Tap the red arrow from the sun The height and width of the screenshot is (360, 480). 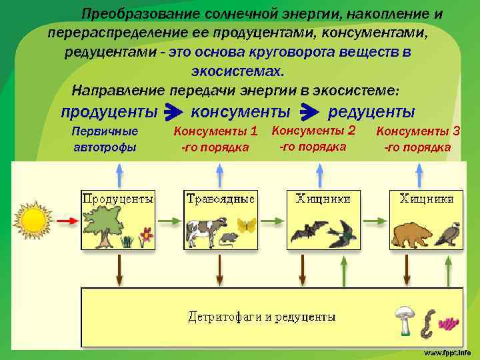coord(66,221)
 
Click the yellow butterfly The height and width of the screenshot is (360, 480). coord(247,225)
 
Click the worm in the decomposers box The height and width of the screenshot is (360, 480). coord(427,323)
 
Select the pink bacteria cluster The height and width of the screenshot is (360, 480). coord(450,323)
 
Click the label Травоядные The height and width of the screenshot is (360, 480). coord(221,199)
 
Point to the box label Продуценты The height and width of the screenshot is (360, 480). coord(117,199)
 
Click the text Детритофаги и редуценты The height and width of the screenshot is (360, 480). coord(261,317)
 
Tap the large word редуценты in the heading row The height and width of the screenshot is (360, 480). coord(371,111)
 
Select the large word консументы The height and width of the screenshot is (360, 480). coord(241,111)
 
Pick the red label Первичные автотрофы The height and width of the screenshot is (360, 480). coord(105,139)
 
